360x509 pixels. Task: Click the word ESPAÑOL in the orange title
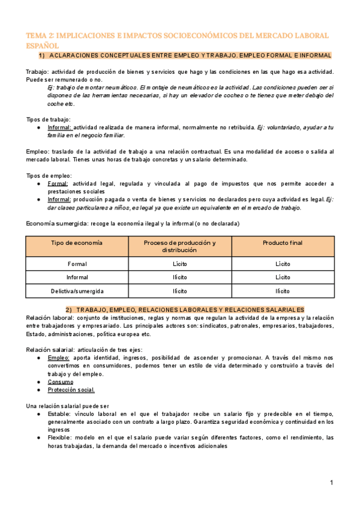(x=43, y=45)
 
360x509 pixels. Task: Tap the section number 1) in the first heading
(x=42, y=56)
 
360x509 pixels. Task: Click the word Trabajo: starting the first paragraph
(x=38, y=72)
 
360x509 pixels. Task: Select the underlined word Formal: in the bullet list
(x=58, y=184)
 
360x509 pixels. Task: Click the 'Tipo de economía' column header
(x=77, y=242)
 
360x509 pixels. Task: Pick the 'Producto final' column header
(x=283, y=242)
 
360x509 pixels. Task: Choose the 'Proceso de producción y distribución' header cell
(x=180, y=246)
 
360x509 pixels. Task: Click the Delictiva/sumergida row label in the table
(x=77, y=291)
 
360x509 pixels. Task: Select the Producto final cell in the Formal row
(x=283, y=264)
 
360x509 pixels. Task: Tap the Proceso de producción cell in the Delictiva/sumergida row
(x=180, y=291)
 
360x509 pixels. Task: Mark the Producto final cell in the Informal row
(x=283, y=277)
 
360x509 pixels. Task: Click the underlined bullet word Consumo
(x=60, y=382)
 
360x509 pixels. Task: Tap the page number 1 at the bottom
(x=331, y=483)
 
